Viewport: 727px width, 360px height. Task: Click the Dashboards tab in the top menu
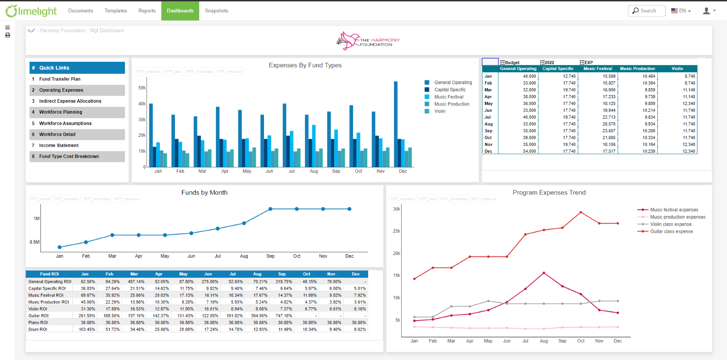[x=180, y=10]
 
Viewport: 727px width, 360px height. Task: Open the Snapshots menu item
[x=216, y=10]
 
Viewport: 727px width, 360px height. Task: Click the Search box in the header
[x=647, y=10]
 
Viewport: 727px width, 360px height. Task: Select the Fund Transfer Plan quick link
[x=60, y=79]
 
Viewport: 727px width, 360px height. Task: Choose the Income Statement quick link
[x=59, y=145]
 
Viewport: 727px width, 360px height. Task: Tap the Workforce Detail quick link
[x=57, y=135]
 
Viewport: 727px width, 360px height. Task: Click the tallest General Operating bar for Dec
[x=396, y=123]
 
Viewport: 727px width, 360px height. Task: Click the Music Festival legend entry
[x=448, y=97]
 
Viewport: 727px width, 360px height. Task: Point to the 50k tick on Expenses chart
[x=142, y=88]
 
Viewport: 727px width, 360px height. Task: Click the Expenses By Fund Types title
[x=305, y=65]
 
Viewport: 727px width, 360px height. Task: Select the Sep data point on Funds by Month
[x=270, y=209]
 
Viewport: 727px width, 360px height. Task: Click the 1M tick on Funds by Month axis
[x=36, y=219]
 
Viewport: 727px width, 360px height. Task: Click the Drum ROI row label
[x=38, y=330]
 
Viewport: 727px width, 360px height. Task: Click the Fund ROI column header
[x=49, y=274]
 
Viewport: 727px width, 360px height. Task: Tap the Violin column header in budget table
[x=677, y=69]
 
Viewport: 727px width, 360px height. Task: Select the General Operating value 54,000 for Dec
[x=529, y=151]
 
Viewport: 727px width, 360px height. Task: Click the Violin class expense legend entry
[x=670, y=224]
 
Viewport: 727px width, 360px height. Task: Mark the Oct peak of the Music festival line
[x=581, y=212]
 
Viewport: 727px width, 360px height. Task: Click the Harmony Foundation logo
[x=368, y=41]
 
